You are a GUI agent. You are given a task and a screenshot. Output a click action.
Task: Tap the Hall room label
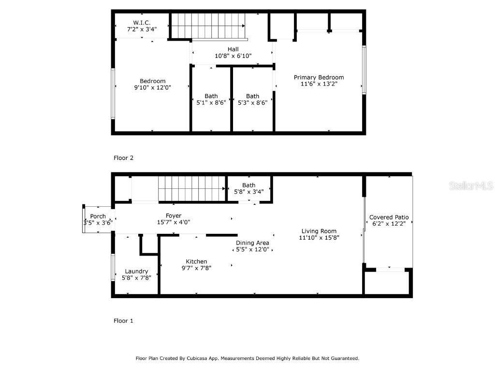(x=233, y=49)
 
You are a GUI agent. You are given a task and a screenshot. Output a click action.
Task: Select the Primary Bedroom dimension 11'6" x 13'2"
(x=319, y=84)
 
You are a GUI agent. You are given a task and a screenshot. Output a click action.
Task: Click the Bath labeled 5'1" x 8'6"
(x=211, y=96)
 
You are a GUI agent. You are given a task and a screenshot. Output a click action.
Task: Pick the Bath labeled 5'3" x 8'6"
(x=252, y=96)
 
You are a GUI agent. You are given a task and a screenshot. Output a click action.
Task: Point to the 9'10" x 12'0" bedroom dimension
(x=153, y=87)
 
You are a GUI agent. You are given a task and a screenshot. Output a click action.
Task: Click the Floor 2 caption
(x=123, y=157)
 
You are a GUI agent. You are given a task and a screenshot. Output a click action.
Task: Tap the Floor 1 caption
(x=123, y=321)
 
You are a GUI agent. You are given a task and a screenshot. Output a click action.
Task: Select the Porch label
(x=98, y=216)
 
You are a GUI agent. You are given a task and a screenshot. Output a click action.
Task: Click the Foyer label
(x=174, y=215)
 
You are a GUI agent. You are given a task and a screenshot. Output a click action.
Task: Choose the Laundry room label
(x=136, y=271)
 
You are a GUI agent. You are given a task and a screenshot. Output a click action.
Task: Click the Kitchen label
(x=196, y=261)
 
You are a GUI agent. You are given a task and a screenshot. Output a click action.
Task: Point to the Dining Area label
(x=252, y=243)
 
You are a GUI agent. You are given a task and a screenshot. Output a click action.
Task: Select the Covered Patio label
(x=389, y=217)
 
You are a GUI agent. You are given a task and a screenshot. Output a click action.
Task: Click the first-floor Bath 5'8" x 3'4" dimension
(x=249, y=191)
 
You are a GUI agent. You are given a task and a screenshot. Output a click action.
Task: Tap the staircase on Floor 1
(x=193, y=188)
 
